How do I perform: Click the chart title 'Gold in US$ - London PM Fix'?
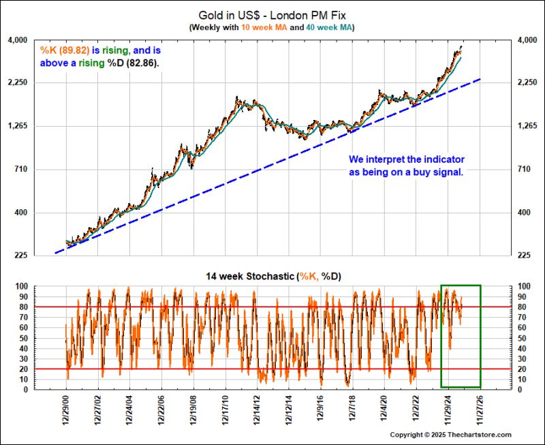(x=272, y=14)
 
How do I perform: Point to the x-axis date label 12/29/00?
(x=66, y=412)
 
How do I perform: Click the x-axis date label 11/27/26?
(x=481, y=412)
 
